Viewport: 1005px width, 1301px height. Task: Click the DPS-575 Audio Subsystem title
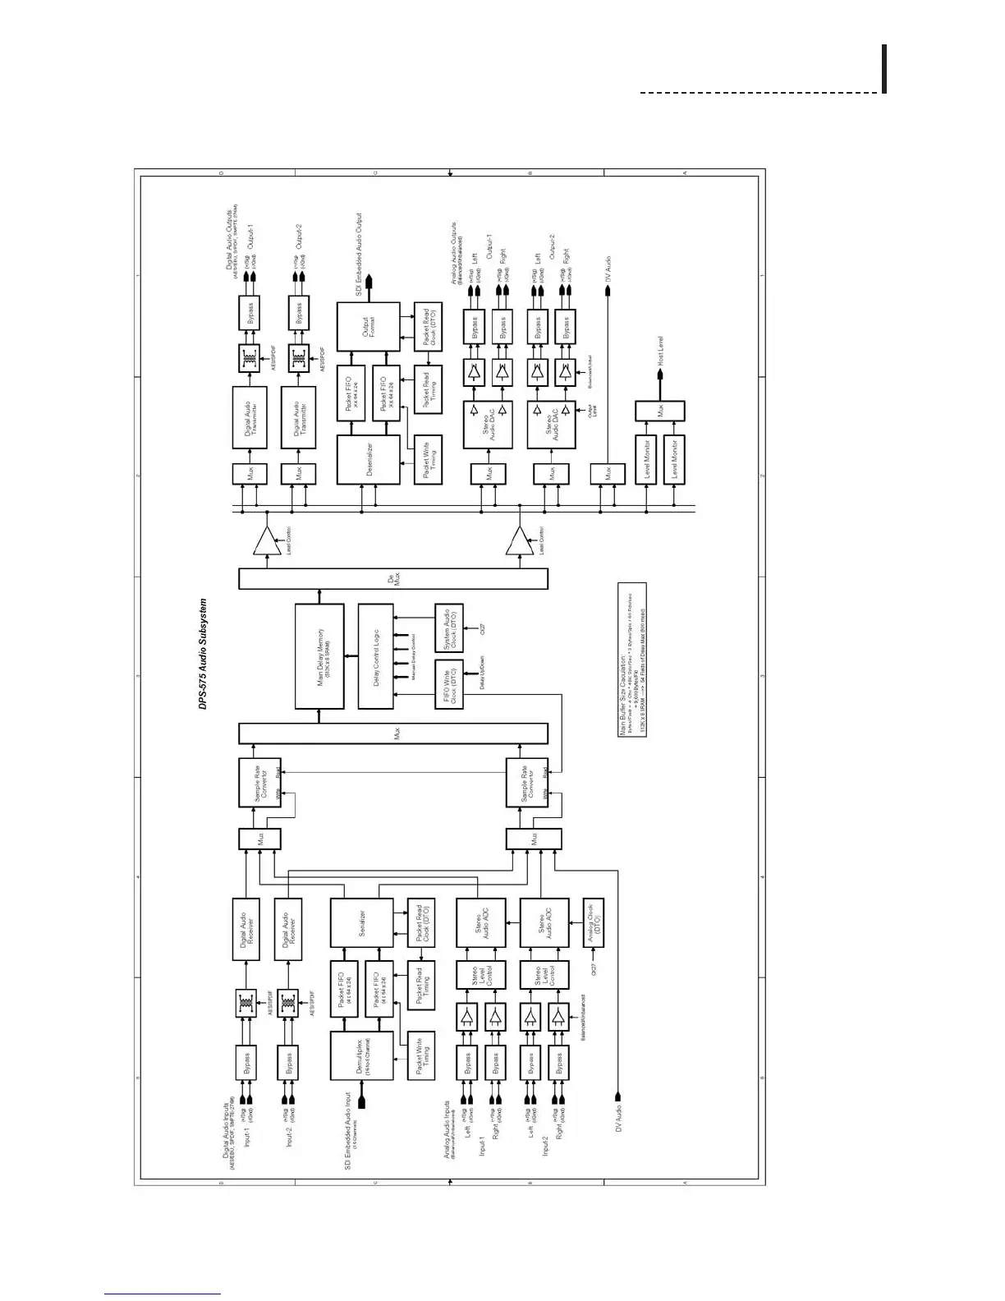(x=203, y=654)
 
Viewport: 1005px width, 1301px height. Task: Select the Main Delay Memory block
(x=319, y=655)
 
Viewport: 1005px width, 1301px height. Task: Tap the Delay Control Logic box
(x=375, y=655)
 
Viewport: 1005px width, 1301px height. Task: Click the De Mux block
(x=392, y=578)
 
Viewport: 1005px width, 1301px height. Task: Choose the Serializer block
(x=361, y=922)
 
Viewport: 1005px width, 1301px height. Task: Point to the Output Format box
(x=368, y=326)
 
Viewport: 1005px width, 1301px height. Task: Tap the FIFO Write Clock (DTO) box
(x=448, y=683)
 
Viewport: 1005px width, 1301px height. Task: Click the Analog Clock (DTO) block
(x=593, y=922)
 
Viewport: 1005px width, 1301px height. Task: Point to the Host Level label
(x=660, y=350)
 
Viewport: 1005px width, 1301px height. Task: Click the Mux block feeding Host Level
(x=660, y=411)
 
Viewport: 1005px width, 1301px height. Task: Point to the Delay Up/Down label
(x=481, y=672)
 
